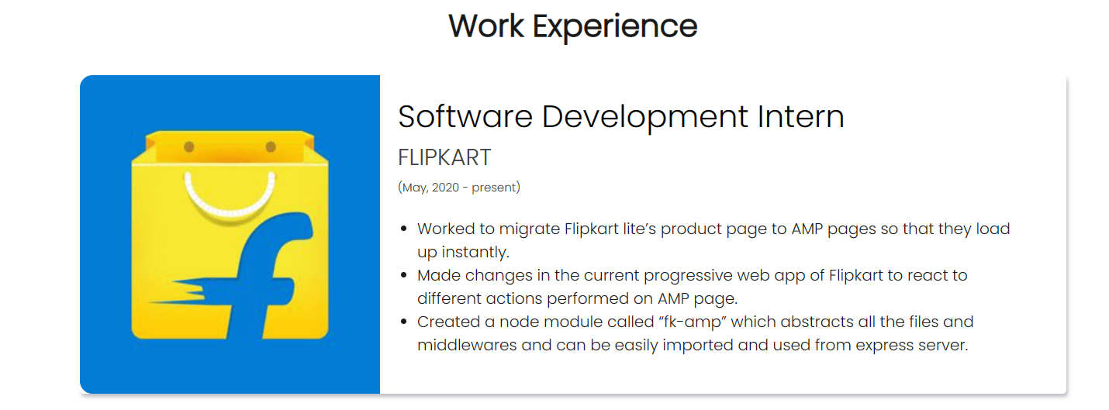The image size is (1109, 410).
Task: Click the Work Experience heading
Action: (573, 26)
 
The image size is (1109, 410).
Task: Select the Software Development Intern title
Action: (621, 117)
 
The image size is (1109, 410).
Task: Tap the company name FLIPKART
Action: (444, 158)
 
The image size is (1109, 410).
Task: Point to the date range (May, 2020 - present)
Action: (459, 188)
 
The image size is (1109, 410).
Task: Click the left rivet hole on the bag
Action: (189, 147)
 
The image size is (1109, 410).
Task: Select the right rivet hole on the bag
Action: (271, 147)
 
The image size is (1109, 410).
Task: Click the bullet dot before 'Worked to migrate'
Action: (404, 229)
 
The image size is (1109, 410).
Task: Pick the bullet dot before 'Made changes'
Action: (404, 275)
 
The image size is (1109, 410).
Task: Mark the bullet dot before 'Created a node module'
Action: (404, 322)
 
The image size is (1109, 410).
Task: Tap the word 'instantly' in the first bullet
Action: (475, 252)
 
